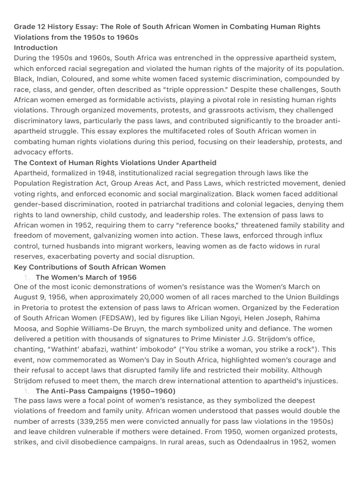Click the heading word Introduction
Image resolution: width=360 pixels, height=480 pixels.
(x=36, y=47)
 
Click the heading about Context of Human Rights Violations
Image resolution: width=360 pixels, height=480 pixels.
(x=115, y=163)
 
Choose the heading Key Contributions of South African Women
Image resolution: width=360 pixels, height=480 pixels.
(x=90, y=267)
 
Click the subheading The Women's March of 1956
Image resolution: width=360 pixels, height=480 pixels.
(x=86, y=277)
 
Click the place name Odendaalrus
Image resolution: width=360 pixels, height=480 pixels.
(x=222, y=442)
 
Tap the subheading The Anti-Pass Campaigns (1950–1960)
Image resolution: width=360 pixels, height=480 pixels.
(x=105, y=390)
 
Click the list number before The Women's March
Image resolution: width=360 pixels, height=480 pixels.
(x=27, y=277)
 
